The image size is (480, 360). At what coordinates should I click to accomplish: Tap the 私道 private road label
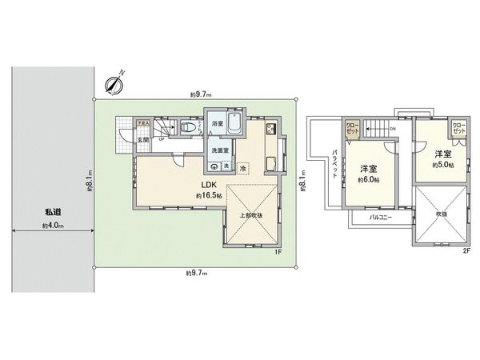pyautogui.click(x=53, y=211)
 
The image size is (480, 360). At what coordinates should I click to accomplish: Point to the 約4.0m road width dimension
pyautogui.click(x=53, y=226)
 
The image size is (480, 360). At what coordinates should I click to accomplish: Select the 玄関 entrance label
pyautogui.click(x=142, y=141)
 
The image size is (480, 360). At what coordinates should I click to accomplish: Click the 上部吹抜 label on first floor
pyautogui.click(x=251, y=215)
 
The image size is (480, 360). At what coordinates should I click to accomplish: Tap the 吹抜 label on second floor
pyautogui.click(x=441, y=214)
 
